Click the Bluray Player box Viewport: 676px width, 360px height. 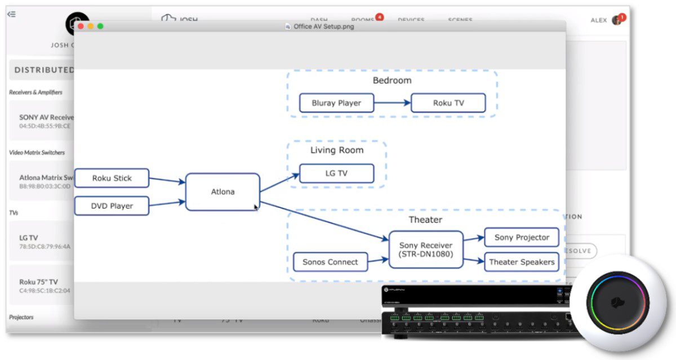[x=336, y=103]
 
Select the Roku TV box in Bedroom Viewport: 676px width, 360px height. [x=448, y=103]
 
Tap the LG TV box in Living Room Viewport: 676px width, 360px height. [x=336, y=174]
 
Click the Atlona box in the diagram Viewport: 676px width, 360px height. [x=223, y=192]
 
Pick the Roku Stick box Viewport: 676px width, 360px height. [x=112, y=178]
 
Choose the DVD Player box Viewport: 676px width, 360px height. [x=112, y=206]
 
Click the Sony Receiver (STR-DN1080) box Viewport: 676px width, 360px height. [x=426, y=250]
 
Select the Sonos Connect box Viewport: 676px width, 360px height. [x=330, y=262]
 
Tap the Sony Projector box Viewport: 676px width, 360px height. [x=522, y=237]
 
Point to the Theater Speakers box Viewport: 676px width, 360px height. [x=522, y=262]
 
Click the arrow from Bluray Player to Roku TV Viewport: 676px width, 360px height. [x=392, y=103]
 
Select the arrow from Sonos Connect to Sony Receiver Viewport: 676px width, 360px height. [x=377, y=261]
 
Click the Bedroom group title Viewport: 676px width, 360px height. [x=392, y=81]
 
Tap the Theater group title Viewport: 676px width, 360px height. [x=425, y=220]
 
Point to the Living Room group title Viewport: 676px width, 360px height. [x=337, y=150]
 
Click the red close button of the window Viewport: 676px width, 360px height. [x=81, y=26]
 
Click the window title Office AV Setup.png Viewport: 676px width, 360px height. [x=323, y=26]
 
